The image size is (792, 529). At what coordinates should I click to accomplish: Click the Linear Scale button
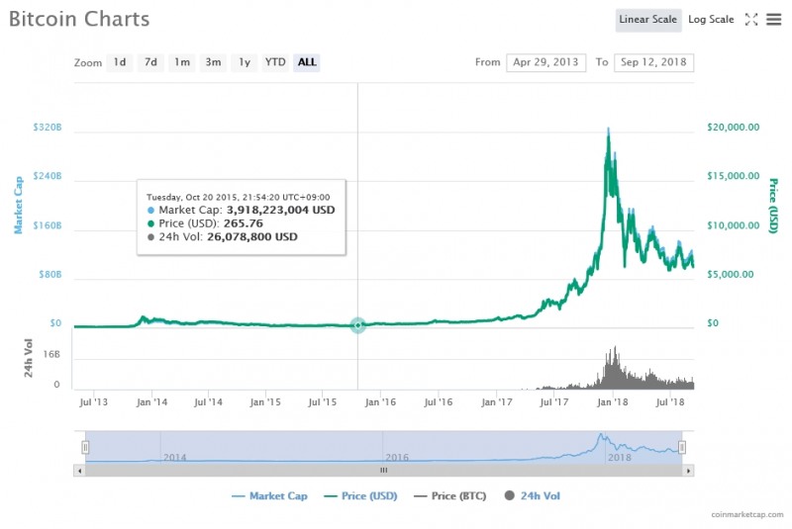pos(647,20)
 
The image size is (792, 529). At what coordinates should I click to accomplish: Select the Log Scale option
pos(711,20)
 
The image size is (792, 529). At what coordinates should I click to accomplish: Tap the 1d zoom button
pos(119,62)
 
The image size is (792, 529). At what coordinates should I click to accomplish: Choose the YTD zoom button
pos(275,62)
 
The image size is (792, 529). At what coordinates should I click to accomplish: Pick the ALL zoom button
pos(307,62)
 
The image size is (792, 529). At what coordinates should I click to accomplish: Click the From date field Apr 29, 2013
pos(545,62)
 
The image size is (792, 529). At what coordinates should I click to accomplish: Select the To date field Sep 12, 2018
pos(653,62)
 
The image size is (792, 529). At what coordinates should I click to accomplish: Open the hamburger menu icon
pos(773,20)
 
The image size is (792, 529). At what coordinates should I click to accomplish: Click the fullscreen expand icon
pos(750,20)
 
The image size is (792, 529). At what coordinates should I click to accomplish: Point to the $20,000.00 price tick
pos(734,128)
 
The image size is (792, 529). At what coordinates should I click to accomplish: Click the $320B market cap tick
pos(47,128)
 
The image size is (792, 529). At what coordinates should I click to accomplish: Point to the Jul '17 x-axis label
pos(554,402)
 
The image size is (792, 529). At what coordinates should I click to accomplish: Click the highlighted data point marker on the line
pos(357,325)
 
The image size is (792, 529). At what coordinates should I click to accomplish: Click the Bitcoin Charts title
pos(79,19)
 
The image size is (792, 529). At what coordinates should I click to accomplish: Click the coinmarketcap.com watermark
pos(749,515)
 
